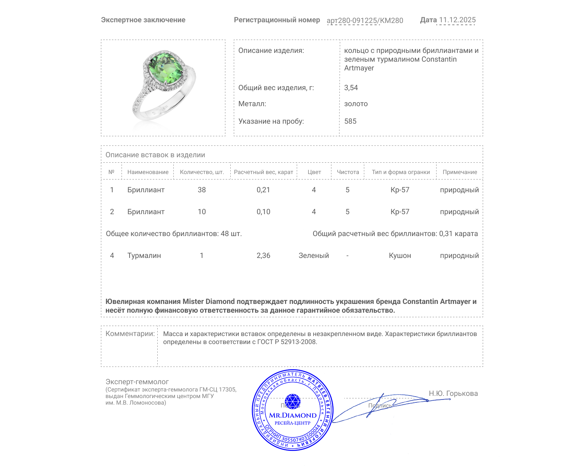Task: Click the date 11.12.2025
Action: tap(457, 20)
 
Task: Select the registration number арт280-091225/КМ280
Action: tap(365, 20)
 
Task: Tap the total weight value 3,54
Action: tap(351, 88)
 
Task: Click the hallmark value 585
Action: tap(350, 121)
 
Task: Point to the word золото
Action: tap(356, 104)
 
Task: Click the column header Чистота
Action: tap(347, 172)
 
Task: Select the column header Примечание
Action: tap(460, 172)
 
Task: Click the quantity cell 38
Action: tap(201, 190)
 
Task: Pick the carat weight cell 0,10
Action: tap(263, 212)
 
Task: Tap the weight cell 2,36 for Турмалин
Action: tap(263, 255)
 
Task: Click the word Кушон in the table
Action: tap(400, 255)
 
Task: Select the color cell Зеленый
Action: tap(314, 255)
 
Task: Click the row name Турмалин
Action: tap(144, 255)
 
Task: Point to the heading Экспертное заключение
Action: tap(143, 20)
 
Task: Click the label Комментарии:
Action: tap(130, 333)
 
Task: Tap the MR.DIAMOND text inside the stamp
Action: tap(293, 415)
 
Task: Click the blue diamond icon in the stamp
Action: tap(292, 401)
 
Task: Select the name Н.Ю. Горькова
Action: tap(453, 393)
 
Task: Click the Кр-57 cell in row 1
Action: tap(400, 190)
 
